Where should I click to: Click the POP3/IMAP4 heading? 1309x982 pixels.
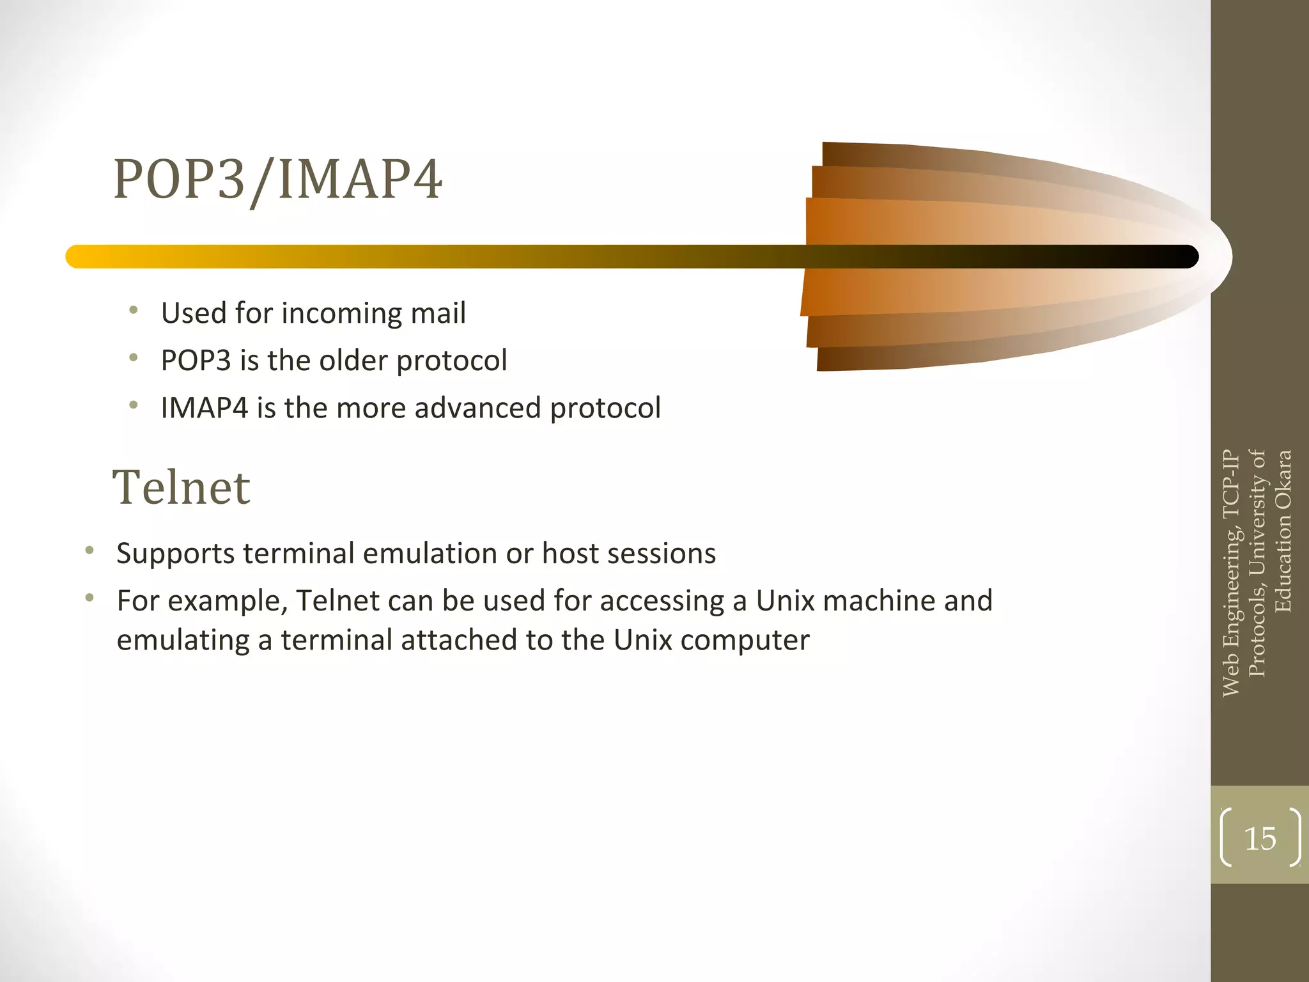point(277,180)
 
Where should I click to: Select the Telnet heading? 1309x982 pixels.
point(182,487)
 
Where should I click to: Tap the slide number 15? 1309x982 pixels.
point(1260,838)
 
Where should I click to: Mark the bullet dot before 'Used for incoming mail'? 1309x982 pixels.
point(133,311)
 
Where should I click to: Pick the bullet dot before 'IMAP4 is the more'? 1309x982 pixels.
point(133,405)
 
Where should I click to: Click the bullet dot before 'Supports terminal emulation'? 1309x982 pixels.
point(89,550)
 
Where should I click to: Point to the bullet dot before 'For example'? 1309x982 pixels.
point(89,598)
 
